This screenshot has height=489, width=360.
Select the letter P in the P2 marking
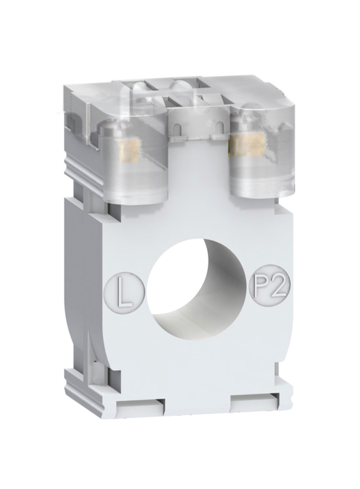[261, 285]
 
